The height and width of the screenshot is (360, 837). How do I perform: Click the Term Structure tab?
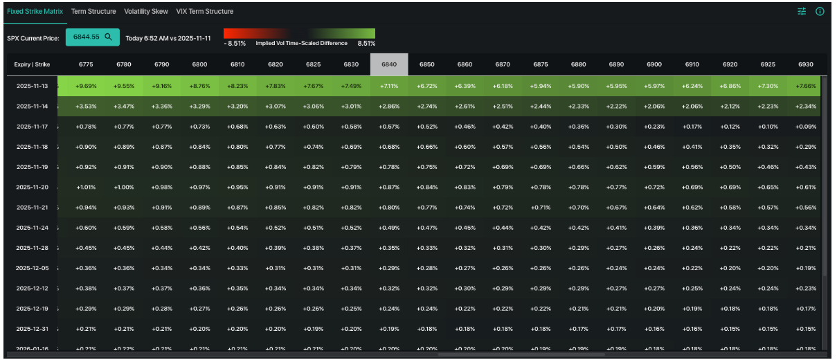click(94, 12)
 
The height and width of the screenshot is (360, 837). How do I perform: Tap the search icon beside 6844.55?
click(108, 37)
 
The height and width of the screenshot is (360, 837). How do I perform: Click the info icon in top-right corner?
click(820, 12)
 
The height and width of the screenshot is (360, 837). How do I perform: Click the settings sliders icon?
click(802, 12)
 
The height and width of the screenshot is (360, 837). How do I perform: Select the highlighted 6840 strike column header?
click(389, 64)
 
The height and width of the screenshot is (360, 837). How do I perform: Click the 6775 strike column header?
click(86, 64)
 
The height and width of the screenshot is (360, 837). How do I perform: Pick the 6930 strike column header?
click(806, 64)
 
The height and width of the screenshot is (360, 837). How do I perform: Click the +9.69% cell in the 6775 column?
click(86, 86)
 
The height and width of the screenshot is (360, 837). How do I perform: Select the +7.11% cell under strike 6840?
click(389, 86)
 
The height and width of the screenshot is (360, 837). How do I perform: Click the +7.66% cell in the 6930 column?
click(806, 86)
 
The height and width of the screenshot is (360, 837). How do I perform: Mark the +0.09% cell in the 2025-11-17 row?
click(806, 127)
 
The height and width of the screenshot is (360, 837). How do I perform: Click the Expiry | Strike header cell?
click(32, 64)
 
